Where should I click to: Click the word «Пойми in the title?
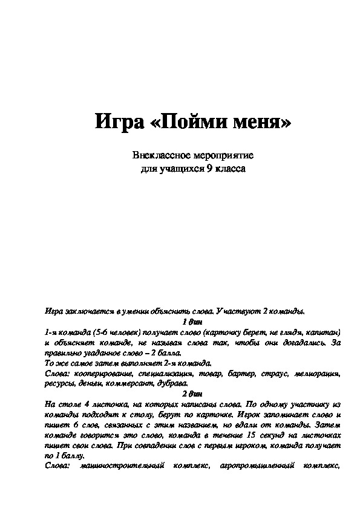coord(180,123)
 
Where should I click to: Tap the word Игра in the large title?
coord(117,123)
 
